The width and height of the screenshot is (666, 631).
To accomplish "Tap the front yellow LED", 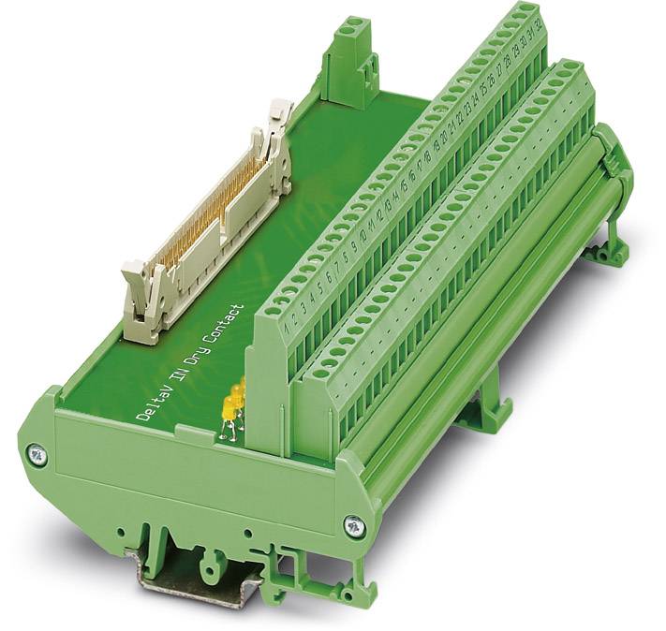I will click(227, 409).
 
